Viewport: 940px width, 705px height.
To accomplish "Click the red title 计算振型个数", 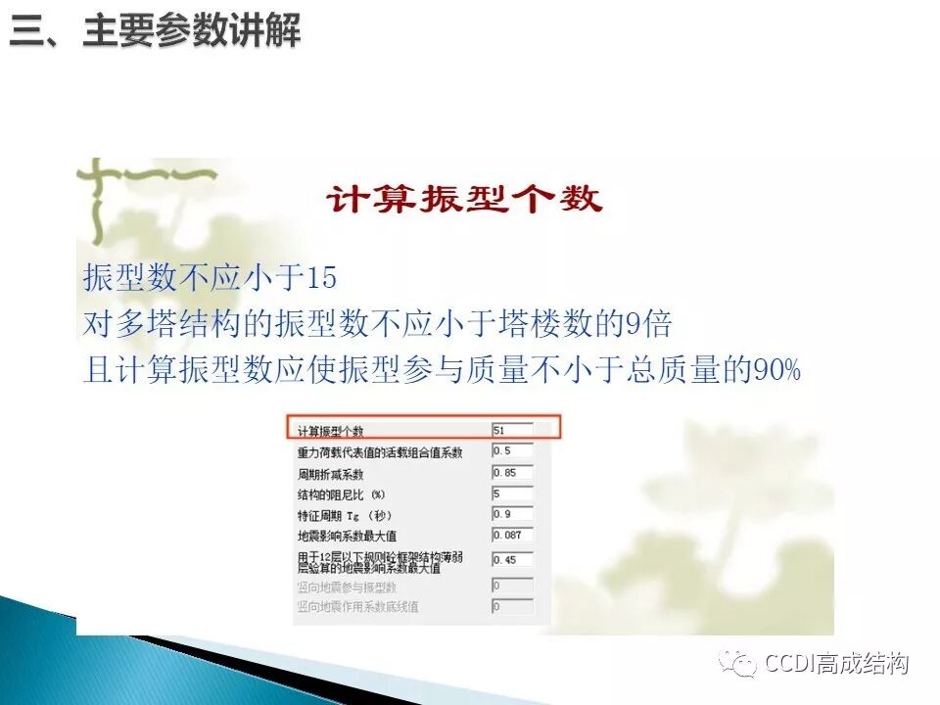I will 464,200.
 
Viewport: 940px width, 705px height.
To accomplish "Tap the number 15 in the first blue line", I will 322,279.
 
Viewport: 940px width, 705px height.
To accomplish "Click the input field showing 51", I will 512,430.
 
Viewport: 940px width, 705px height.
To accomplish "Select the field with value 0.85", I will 512,473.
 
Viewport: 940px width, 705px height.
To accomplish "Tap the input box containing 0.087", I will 512,536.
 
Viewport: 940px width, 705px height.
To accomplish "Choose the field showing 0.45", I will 512,561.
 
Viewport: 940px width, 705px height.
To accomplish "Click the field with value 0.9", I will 512,515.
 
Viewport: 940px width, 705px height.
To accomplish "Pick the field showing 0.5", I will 512,451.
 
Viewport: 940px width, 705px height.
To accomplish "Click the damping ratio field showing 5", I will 512,494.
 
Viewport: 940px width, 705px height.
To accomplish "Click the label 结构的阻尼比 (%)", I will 342,494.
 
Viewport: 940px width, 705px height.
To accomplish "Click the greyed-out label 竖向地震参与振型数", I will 347,587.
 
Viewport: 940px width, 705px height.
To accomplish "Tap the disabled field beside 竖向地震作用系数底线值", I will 512,607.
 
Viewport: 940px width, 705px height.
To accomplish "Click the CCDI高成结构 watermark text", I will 837,664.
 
